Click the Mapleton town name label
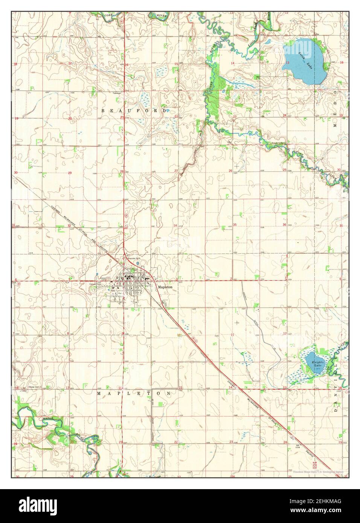(x=165, y=287)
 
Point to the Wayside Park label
(x=133, y=259)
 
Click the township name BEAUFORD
(x=134, y=111)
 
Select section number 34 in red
(x=175, y=225)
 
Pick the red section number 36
(x=284, y=225)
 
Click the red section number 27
(x=176, y=171)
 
